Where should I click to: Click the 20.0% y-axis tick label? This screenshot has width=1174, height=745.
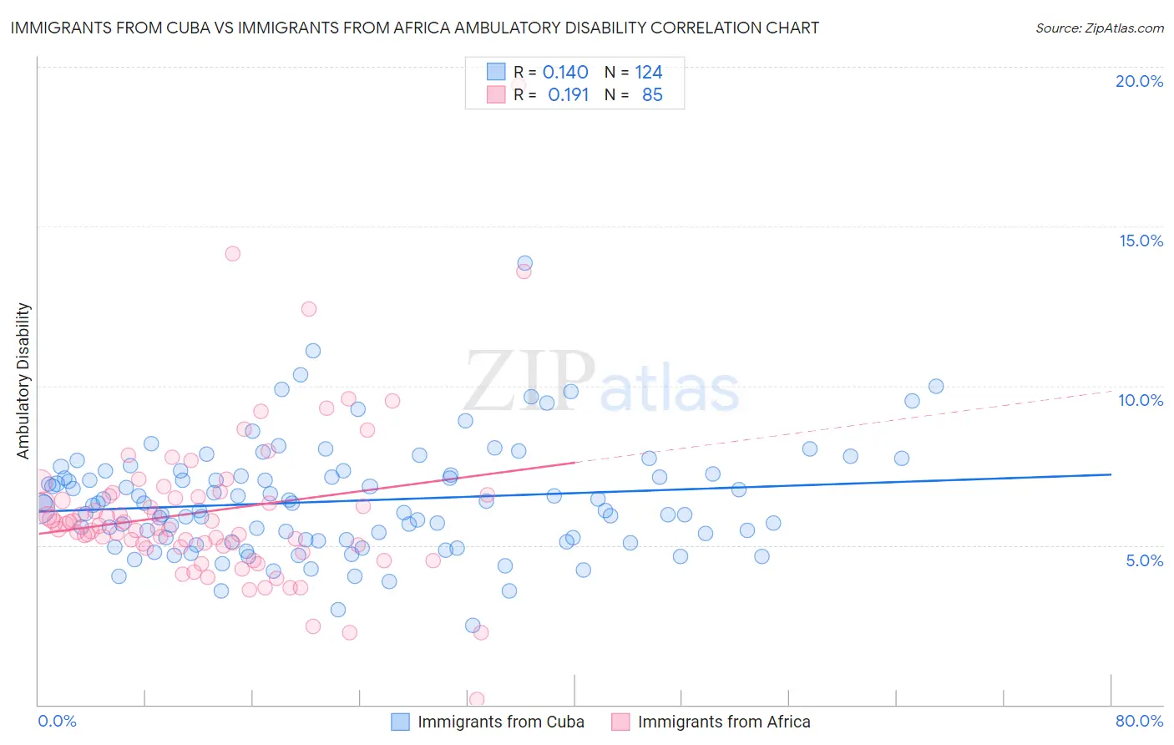point(1139,81)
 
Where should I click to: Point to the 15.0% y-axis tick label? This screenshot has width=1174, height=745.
point(1141,241)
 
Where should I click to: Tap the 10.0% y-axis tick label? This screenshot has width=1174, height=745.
point(1141,400)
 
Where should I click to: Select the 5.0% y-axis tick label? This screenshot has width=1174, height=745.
point(1144,560)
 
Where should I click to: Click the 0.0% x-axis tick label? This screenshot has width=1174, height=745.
point(57,721)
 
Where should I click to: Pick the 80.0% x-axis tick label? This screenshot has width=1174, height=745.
point(1139,721)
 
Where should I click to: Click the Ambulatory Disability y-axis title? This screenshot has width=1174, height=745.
point(23,381)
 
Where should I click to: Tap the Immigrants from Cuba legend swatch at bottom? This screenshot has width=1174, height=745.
point(401,722)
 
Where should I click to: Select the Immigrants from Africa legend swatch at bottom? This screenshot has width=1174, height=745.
point(620,722)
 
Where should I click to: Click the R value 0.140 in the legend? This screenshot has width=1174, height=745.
point(565,73)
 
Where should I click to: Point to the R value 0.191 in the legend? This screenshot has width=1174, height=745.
point(568,95)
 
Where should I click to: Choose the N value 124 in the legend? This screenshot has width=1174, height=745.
point(649,73)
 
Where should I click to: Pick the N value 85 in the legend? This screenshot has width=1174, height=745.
point(652,95)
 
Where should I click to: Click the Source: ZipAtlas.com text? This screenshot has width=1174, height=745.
point(1099,28)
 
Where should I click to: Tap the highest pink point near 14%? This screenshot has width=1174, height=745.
point(233,253)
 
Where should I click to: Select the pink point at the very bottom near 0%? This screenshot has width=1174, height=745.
point(477,699)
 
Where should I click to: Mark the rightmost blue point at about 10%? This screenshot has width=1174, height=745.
point(936,386)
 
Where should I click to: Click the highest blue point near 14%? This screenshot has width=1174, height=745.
point(524,263)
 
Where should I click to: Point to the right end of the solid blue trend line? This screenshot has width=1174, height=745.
point(1111,474)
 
